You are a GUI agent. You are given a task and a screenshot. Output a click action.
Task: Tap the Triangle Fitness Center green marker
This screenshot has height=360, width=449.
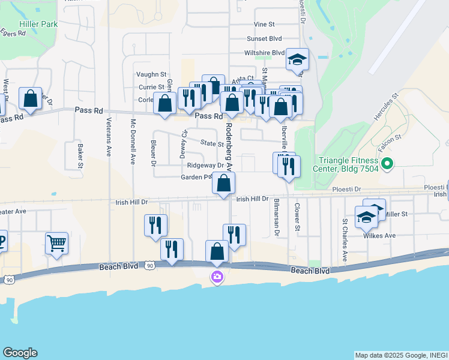click(387, 163)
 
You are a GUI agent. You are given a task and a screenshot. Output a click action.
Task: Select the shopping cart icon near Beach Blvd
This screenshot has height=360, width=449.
click(56, 244)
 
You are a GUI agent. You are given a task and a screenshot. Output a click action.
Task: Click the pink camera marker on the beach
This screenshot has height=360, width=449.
click(217, 277)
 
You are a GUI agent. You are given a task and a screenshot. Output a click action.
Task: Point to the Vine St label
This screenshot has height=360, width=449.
click(264, 25)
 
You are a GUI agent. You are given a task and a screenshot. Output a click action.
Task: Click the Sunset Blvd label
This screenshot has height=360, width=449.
click(264, 38)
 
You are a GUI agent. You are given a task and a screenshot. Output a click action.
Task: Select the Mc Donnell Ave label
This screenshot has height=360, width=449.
click(133, 141)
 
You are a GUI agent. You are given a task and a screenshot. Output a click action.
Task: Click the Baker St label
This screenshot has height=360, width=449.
click(80, 155)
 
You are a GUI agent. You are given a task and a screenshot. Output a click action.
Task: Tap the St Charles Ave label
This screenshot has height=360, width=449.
click(345, 239)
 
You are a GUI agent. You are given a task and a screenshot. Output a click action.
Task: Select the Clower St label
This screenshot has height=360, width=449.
click(297, 218)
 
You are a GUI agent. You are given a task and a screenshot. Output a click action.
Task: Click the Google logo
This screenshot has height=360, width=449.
click(20, 353)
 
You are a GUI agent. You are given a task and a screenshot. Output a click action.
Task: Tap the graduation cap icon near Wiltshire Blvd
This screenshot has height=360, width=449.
click(297, 59)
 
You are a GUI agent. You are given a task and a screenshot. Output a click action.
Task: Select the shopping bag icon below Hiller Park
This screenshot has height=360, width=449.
click(30, 99)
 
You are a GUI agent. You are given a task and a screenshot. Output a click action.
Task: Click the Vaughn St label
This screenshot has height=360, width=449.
click(151, 74)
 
